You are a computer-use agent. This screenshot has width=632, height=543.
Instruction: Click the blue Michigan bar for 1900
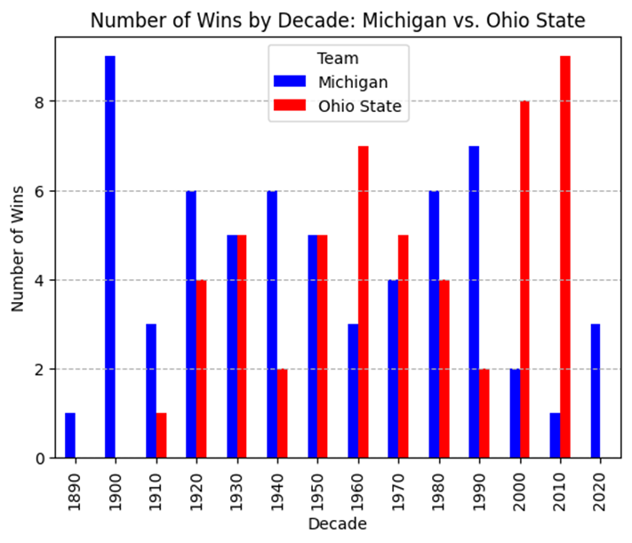pyautogui.click(x=110, y=257)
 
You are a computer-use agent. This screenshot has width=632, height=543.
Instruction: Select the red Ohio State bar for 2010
pyautogui.click(x=565, y=257)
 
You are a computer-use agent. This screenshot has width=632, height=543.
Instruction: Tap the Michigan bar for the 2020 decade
pyautogui.click(x=596, y=391)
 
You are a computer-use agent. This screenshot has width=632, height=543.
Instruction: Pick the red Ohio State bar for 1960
pyautogui.click(x=364, y=302)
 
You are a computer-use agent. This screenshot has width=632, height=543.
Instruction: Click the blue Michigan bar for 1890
pyautogui.click(x=70, y=435)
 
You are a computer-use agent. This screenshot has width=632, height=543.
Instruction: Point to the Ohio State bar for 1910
pyautogui.click(x=161, y=435)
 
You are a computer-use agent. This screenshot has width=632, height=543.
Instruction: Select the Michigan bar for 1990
pyautogui.click(x=474, y=302)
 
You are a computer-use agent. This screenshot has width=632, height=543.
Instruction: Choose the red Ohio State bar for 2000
pyautogui.click(x=524, y=279)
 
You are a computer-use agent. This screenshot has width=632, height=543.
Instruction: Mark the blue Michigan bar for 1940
pyautogui.click(x=272, y=324)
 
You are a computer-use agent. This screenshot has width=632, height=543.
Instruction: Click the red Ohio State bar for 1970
pyautogui.click(x=404, y=347)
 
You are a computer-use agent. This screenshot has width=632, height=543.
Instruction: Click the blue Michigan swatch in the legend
pyautogui.click(x=290, y=81)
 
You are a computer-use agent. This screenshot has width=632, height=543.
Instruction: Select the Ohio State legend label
pyautogui.click(x=360, y=107)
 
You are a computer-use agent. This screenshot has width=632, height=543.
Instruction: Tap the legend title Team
pyautogui.click(x=338, y=59)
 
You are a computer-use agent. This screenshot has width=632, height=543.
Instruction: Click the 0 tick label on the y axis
pyautogui.click(x=39, y=459)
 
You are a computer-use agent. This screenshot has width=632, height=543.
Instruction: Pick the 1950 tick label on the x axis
pyautogui.click(x=317, y=491)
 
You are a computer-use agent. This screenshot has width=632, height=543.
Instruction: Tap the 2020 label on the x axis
pyautogui.click(x=600, y=491)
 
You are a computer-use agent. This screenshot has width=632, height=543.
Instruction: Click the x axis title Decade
pyautogui.click(x=338, y=524)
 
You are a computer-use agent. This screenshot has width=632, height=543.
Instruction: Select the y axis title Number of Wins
pyautogui.click(x=17, y=249)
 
